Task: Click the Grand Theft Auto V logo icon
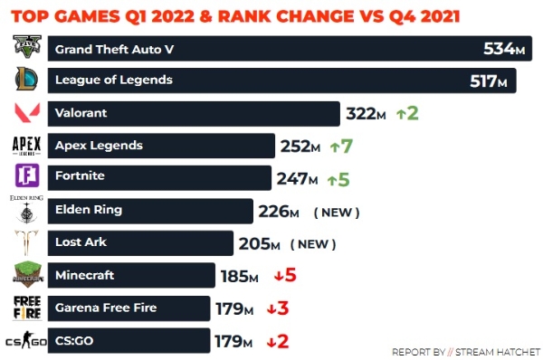pos(27,46)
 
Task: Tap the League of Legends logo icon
pos(26,79)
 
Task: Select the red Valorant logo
pos(27,112)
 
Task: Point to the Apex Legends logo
pos(26,146)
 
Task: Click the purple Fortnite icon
pos(27,175)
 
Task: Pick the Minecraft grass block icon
pos(28,274)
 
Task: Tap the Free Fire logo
pos(27,308)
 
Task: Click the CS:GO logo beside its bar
pos(26,340)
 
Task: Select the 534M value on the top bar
pos(504,49)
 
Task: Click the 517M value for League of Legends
pos(489,81)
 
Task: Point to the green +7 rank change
pos(341,146)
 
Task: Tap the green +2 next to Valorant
pos(407,113)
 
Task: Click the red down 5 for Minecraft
pos(285,275)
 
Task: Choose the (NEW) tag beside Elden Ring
pos(337,213)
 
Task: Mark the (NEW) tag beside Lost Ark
pos(313,244)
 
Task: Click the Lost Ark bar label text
pos(81,242)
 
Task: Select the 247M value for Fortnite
pos(297,179)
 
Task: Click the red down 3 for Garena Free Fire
pos(278,308)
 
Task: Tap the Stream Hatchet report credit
pos(466,352)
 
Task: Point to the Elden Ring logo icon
pos(26,209)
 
